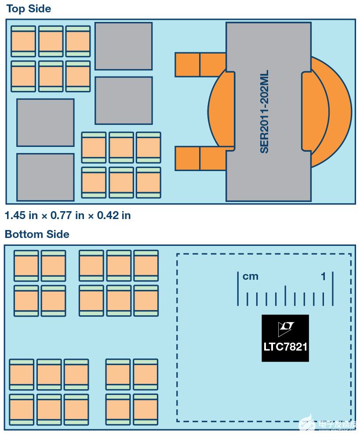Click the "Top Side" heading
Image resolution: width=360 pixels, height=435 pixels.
click(x=29, y=9)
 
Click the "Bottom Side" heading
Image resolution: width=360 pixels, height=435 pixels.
click(x=37, y=234)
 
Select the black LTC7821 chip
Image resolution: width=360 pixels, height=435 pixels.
click(x=285, y=338)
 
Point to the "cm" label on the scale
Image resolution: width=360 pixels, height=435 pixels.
click(x=251, y=276)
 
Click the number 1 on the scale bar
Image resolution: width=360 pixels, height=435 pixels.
click(x=324, y=276)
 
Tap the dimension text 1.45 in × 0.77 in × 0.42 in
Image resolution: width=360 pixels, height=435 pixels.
click(x=68, y=215)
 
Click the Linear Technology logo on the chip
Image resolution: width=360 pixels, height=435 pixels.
click(x=285, y=327)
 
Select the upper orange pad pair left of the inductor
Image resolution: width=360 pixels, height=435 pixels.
click(x=200, y=64)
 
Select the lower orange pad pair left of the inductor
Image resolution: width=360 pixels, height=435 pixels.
click(x=200, y=158)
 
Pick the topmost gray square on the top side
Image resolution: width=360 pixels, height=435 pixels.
click(x=124, y=46)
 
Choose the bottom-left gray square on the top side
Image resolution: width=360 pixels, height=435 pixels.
click(x=45, y=177)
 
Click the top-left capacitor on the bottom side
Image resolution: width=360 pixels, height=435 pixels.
click(x=26, y=266)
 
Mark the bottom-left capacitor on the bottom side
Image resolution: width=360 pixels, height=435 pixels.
click(x=22, y=409)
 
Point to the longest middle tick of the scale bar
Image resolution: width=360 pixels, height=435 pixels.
click(x=285, y=295)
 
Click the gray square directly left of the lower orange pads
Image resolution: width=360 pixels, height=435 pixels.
click(x=124, y=100)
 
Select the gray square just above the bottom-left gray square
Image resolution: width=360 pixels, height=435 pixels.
click(x=45, y=122)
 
